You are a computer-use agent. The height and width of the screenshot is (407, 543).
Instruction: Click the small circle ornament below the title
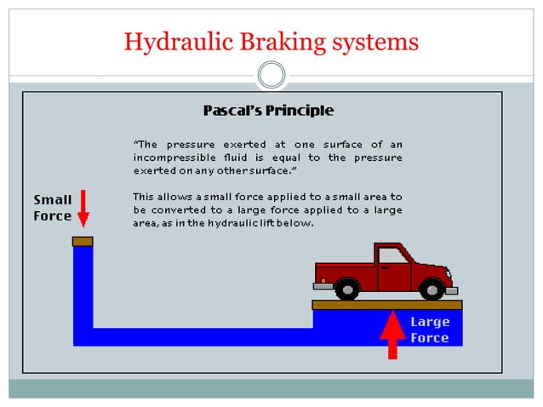pyautogui.click(x=271, y=76)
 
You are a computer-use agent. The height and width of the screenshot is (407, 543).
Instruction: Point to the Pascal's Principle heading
pyautogui.click(x=268, y=111)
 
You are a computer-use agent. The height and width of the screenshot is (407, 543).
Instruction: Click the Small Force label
pyautogui.click(x=52, y=208)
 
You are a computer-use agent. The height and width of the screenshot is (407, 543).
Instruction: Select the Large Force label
pyautogui.click(x=430, y=330)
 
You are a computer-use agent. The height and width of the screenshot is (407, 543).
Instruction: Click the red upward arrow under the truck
pyautogui.click(x=392, y=336)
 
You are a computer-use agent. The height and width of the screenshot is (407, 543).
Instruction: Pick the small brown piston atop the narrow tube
pyautogui.click(x=83, y=242)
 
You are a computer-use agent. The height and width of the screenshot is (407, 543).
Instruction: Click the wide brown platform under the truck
pyautogui.click(x=387, y=304)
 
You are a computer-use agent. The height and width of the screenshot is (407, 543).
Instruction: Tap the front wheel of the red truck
pyautogui.click(x=432, y=289)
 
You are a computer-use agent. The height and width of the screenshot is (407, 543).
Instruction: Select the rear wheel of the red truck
pyautogui.click(x=346, y=289)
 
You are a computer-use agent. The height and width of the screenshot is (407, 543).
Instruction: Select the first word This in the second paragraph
pyautogui.click(x=145, y=197)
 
